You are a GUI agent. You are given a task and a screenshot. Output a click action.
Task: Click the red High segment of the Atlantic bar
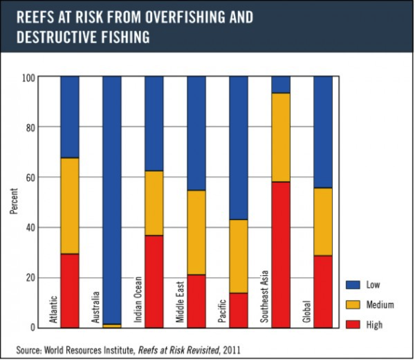coord(70,290)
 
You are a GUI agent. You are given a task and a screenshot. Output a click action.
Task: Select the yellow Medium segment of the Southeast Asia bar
coord(281,137)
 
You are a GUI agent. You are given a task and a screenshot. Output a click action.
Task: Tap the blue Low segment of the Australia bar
coord(112,198)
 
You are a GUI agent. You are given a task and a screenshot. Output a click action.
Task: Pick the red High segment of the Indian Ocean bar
coord(154,281)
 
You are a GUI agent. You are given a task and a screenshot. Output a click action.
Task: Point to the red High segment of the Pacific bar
coord(238,310)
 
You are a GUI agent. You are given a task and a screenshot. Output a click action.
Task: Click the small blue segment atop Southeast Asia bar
coord(281,85)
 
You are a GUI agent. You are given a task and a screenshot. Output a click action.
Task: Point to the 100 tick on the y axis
coord(29,77)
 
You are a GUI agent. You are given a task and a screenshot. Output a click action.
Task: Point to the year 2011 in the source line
coord(231,350)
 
